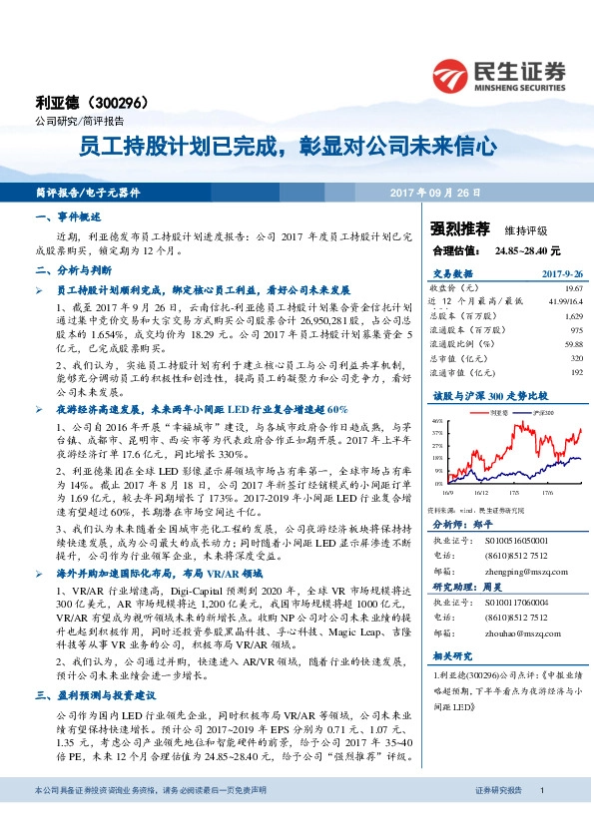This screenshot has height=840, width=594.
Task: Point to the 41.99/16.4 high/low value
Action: pos(563,299)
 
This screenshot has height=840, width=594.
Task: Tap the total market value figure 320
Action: pos(575,357)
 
